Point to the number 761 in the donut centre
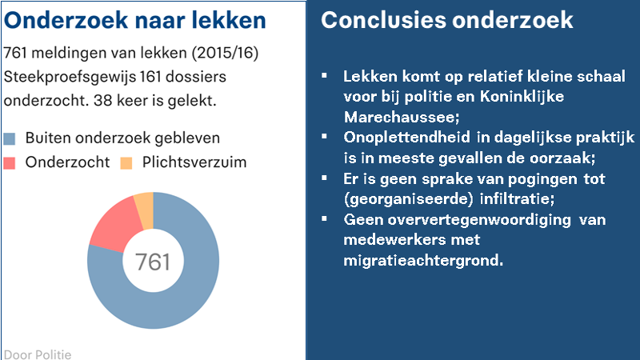(153, 262)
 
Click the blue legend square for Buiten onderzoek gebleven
(10, 138)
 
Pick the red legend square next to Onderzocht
(10, 163)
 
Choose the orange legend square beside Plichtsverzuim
(126, 163)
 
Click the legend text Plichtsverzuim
(194, 162)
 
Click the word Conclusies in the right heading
(384, 20)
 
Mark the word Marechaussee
(402, 118)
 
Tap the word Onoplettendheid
(407, 137)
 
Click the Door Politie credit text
(38, 354)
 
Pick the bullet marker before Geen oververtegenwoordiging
(325, 218)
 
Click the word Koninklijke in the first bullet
(522, 97)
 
